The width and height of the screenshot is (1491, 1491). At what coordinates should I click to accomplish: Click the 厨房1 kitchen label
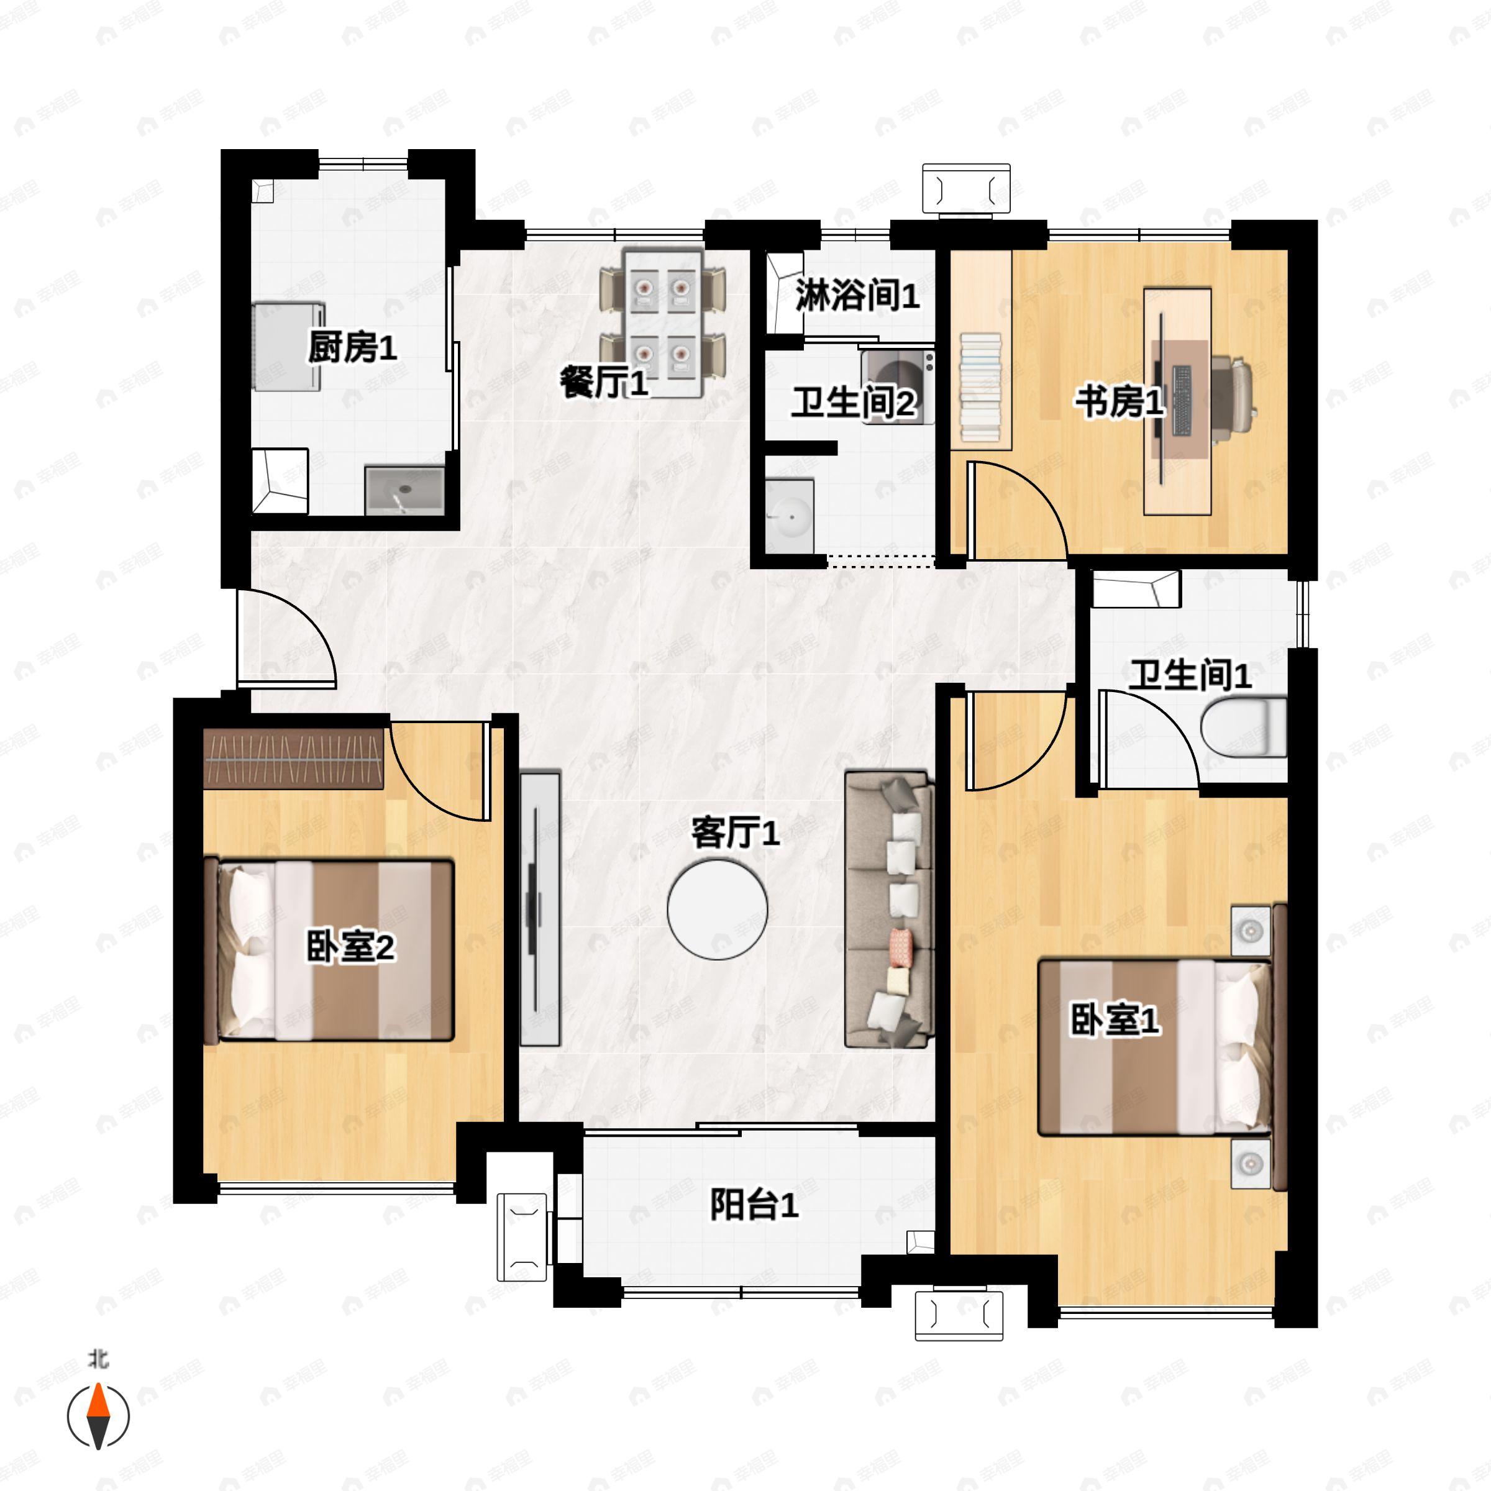coord(353,347)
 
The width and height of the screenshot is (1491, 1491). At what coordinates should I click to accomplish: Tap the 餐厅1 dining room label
coord(603,383)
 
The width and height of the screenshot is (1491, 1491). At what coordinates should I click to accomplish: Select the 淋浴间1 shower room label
coord(857,295)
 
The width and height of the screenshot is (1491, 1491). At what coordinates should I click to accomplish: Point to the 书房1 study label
coord(1119,401)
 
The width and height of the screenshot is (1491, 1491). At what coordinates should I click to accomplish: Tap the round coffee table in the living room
coord(718,909)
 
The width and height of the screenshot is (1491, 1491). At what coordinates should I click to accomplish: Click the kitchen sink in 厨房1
coord(404,490)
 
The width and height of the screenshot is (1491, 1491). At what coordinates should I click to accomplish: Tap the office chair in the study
coord(1233,399)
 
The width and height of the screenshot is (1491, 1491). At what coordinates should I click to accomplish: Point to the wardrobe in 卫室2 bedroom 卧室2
coord(293,759)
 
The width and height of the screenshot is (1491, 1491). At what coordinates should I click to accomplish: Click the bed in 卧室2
coord(329,950)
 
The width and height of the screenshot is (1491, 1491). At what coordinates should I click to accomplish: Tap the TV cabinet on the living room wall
coord(539,909)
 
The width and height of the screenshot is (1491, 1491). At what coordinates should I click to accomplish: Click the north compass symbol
coord(98,1416)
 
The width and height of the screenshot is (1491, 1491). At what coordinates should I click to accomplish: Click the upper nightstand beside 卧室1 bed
coord(1250,931)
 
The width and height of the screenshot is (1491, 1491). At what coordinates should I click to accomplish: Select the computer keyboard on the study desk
coord(1182,399)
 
